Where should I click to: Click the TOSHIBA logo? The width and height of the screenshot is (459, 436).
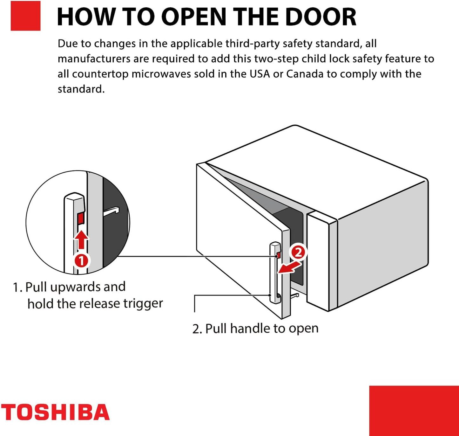coord(55,412)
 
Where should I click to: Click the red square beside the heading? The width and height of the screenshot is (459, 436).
coord(25,16)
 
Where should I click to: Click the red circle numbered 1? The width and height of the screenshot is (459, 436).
coord(81,261)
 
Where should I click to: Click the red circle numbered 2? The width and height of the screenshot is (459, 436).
coord(298,253)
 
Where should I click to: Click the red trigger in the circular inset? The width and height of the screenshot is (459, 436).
coord(81,218)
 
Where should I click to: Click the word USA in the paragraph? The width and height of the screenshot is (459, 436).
coord(260,74)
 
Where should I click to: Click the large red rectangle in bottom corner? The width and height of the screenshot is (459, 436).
coord(414,411)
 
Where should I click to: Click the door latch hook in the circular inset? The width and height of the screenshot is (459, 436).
coord(111,211)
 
